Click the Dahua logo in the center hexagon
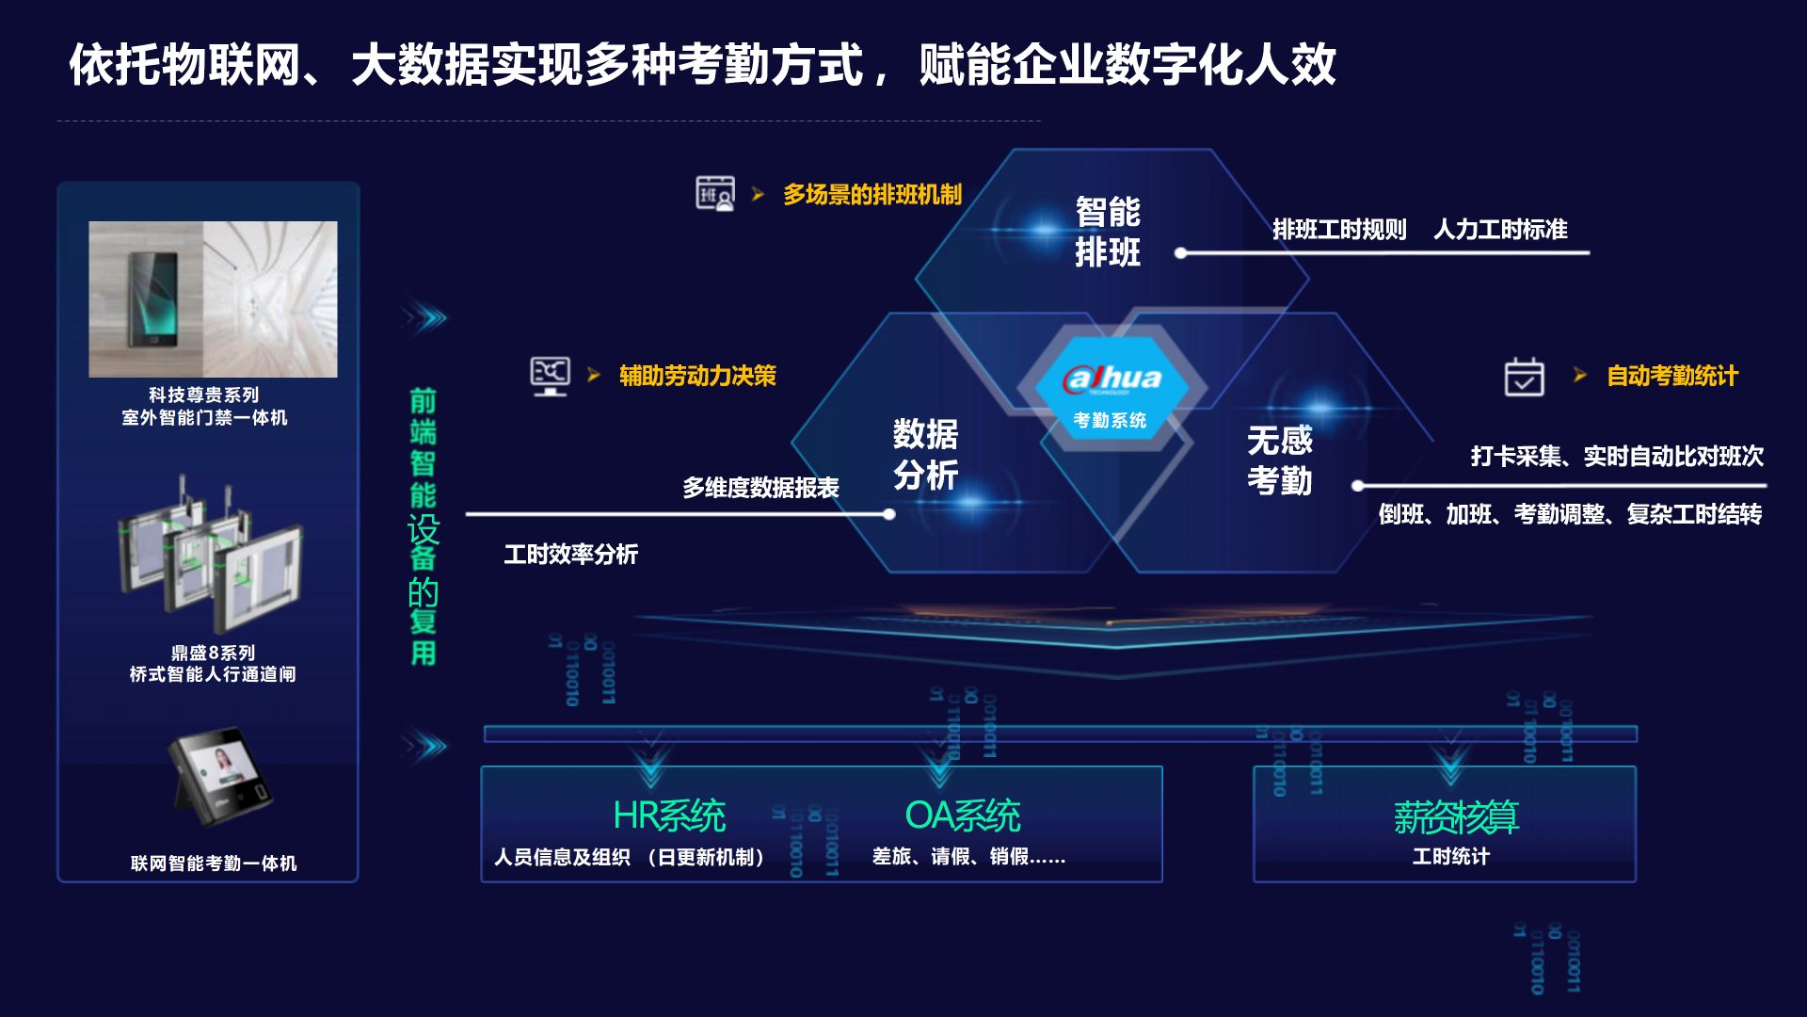pyautogui.click(x=1112, y=379)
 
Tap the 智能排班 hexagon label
pyautogui.click(x=1108, y=232)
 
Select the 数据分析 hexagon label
pyautogui.click(x=925, y=454)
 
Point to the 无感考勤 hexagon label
pyautogui.click(x=1279, y=460)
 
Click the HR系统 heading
pyautogui.click(x=669, y=815)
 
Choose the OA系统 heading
pyautogui.click(x=963, y=815)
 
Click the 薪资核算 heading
pyautogui.click(x=1456, y=816)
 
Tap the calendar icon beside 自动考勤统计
pyautogui.click(x=1524, y=377)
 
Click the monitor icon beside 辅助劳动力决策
pyautogui.click(x=550, y=376)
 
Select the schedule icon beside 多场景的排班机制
pyautogui.click(x=715, y=193)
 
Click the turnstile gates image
pyautogui.click(x=211, y=556)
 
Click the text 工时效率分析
pyautogui.click(x=570, y=554)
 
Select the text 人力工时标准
pyautogui.click(x=1500, y=229)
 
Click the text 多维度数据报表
pyautogui.click(x=760, y=488)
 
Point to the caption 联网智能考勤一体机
pyautogui.click(x=214, y=863)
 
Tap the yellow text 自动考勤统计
pyautogui.click(x=1671, y=376)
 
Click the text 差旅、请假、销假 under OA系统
pyautogui.click(x=968, y=856)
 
